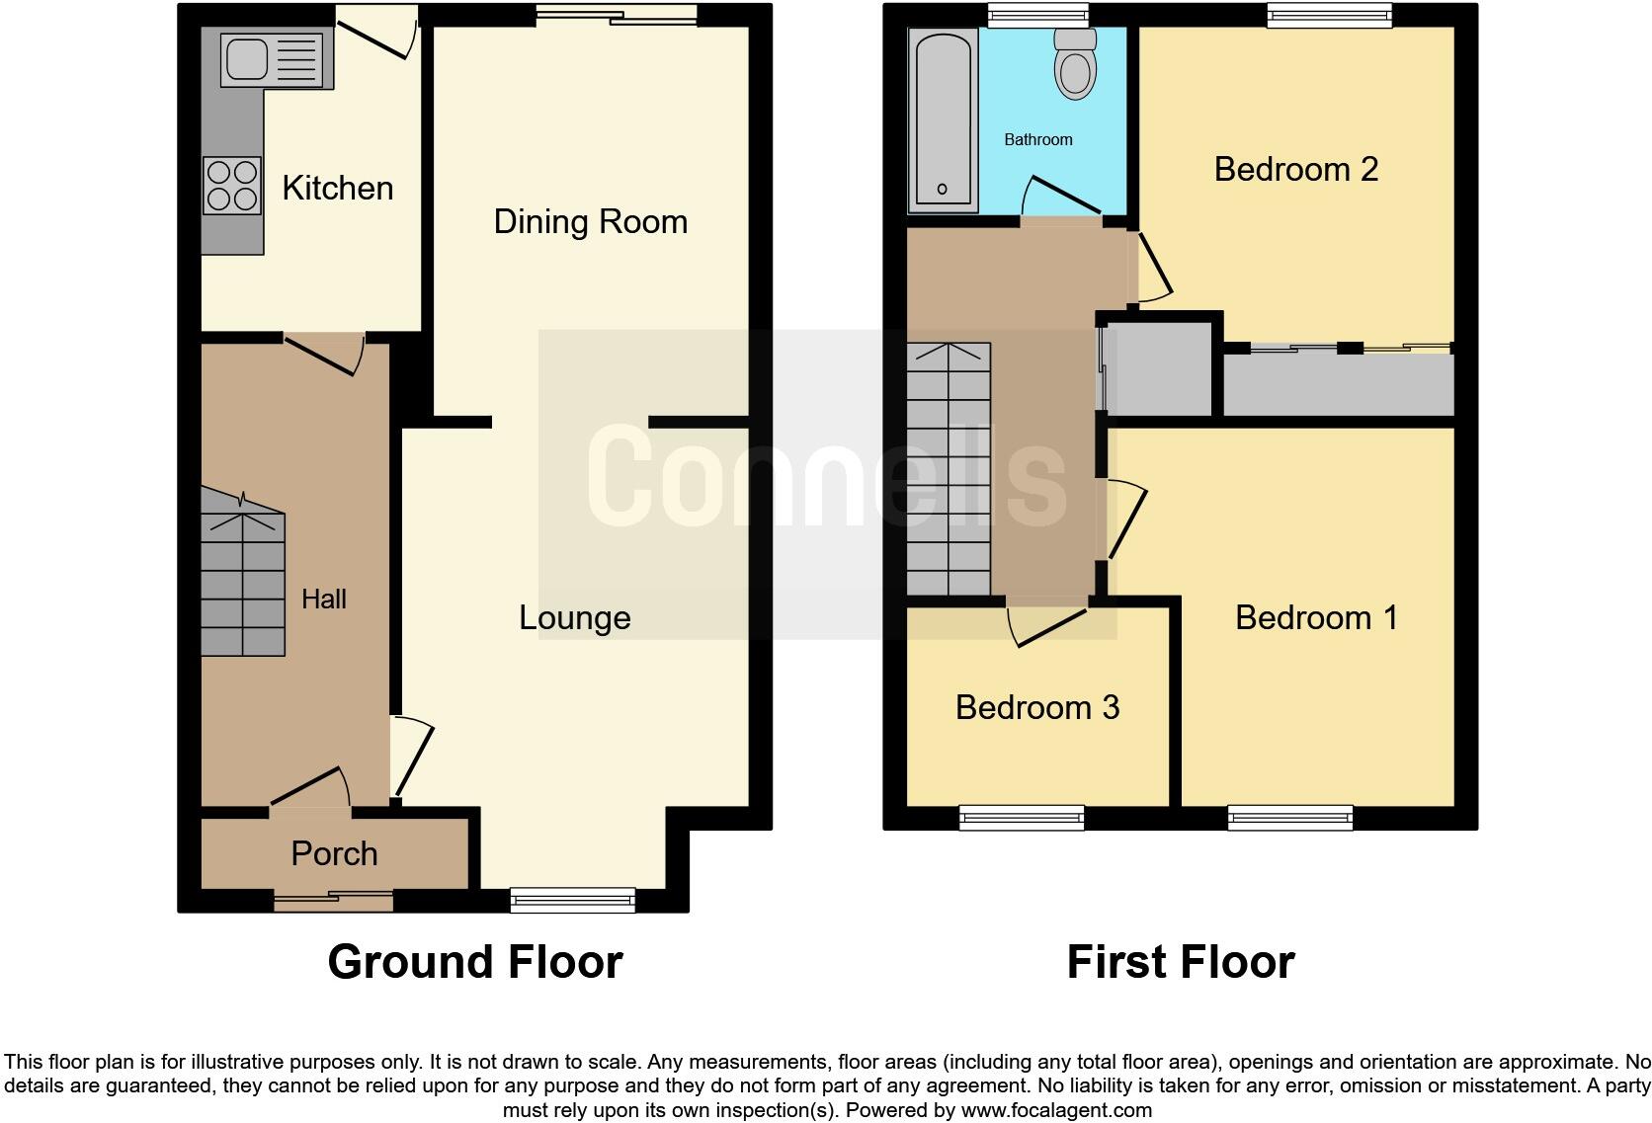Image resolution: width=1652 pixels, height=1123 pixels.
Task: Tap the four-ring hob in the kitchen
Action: [232, 186]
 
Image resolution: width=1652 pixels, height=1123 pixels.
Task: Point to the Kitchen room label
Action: [338, 188]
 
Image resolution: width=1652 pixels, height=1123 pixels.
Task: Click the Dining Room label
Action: [591, 221]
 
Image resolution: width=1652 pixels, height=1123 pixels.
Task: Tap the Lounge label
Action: [575, 617]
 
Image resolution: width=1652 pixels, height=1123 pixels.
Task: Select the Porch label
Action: [334, 853]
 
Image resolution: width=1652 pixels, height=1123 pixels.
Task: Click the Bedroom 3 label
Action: [1037, 707]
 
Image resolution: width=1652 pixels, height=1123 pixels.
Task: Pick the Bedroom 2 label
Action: [1296, 169]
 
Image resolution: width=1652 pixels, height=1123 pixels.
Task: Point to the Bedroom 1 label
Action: [1317, 617]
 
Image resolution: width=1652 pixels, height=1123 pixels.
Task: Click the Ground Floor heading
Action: [475, 962]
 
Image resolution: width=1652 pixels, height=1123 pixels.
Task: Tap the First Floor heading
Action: [1181, 962]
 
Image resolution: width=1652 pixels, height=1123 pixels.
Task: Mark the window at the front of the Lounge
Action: [573, 898]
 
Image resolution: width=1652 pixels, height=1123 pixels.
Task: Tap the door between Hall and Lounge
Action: [413, 756]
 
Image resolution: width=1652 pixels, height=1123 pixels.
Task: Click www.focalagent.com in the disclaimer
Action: [1056, 1110]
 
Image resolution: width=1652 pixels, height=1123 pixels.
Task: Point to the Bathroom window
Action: [1038, 13]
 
